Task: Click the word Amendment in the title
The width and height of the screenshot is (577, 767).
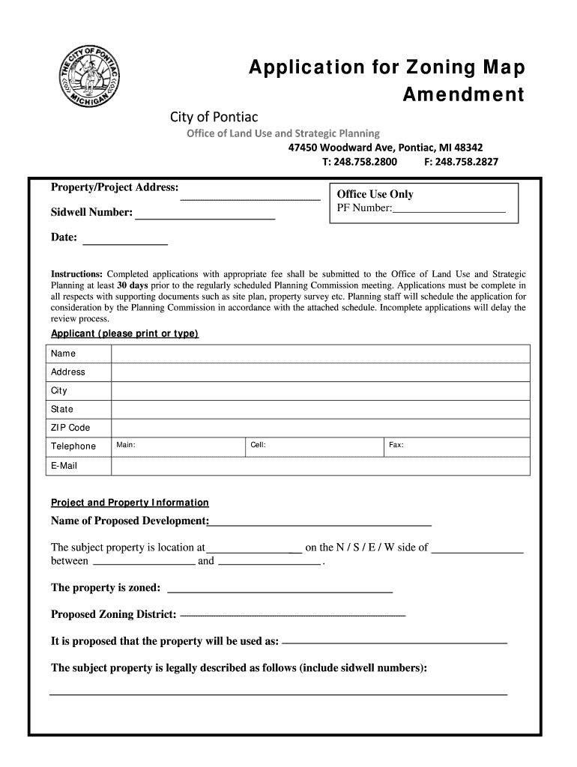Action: point(463,95)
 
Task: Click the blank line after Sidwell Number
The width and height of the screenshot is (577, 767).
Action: point(205,217)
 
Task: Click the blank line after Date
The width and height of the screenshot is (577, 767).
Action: point(124,243)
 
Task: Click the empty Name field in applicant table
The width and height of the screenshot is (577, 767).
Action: point(320,354)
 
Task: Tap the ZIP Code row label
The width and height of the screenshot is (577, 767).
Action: point(70,428)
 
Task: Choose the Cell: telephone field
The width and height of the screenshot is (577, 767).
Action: point(314,446)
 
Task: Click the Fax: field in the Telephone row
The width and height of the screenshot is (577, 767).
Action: point(456,446)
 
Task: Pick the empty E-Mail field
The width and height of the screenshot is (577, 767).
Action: point(320,466)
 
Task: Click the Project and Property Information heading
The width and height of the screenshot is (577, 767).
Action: point(130,503)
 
